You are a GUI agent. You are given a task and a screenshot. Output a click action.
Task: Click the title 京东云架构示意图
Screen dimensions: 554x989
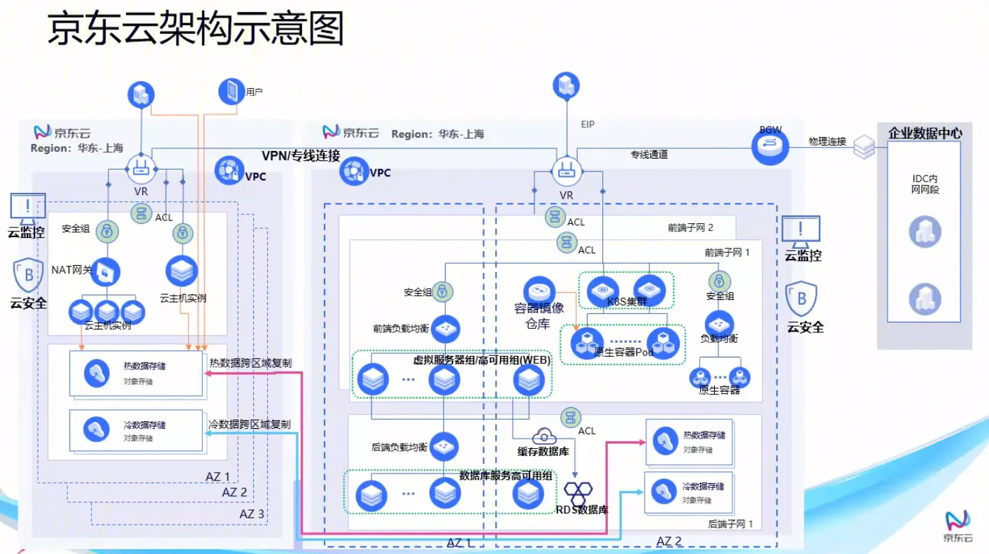(x=196, y=31)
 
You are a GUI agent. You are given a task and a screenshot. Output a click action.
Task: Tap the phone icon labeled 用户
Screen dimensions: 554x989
(x=231, y=91)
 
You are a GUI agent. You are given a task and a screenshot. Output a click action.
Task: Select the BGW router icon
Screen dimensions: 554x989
(x=769, y=146)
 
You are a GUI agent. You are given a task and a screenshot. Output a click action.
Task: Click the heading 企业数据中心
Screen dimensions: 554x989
(x=925, y=133)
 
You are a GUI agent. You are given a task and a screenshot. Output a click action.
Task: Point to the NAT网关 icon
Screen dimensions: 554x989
(x=105, y=272)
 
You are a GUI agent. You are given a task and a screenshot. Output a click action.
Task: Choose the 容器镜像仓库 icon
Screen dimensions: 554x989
(x=539, y=290)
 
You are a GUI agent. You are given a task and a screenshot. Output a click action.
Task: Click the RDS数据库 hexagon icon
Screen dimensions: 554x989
(x=578, y=492)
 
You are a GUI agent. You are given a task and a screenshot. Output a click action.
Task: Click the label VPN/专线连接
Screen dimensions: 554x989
(x=301, y=155)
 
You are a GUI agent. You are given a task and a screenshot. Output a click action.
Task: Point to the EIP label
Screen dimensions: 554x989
(x=588, y=125)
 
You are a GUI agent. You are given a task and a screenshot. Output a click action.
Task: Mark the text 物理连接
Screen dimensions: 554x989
(x=827, y=141)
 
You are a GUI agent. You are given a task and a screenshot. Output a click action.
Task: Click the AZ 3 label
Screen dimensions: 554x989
(x=252, y=514)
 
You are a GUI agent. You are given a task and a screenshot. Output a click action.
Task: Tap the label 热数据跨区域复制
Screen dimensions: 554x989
(x=250, y=362)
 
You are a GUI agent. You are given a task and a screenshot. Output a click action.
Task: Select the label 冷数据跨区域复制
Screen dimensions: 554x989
(x=250, y=424)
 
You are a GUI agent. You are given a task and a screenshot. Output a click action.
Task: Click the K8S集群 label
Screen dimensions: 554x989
(x=627, y=302)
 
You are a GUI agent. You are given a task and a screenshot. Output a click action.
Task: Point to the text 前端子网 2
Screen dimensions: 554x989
(x=690, y=227)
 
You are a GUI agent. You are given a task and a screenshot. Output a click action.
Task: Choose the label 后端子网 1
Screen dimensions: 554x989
(x=730, y=523)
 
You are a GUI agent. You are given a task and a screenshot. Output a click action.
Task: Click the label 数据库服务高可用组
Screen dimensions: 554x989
(x=506, y=476)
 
